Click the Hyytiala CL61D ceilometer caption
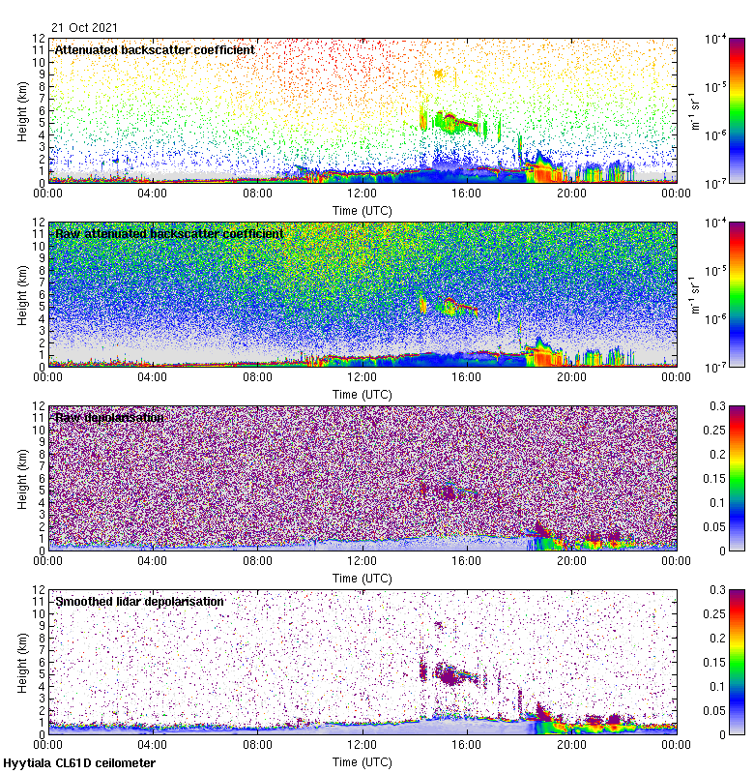(x=79, y=763)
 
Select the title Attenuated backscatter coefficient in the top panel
(x=155, y=49)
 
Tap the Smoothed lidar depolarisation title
(x=139, y=601)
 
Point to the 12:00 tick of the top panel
(x=362, y=193)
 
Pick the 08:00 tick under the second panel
(x=257, y=376)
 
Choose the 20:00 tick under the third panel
(x=571, y=560)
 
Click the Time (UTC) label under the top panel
(x=362, y=210)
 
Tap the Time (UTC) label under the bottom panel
(x=362, y=761)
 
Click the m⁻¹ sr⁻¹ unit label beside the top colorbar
(x=694, y=110)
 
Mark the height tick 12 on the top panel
(x=40, y=39)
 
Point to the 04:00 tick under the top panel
(x=153, y=193)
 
